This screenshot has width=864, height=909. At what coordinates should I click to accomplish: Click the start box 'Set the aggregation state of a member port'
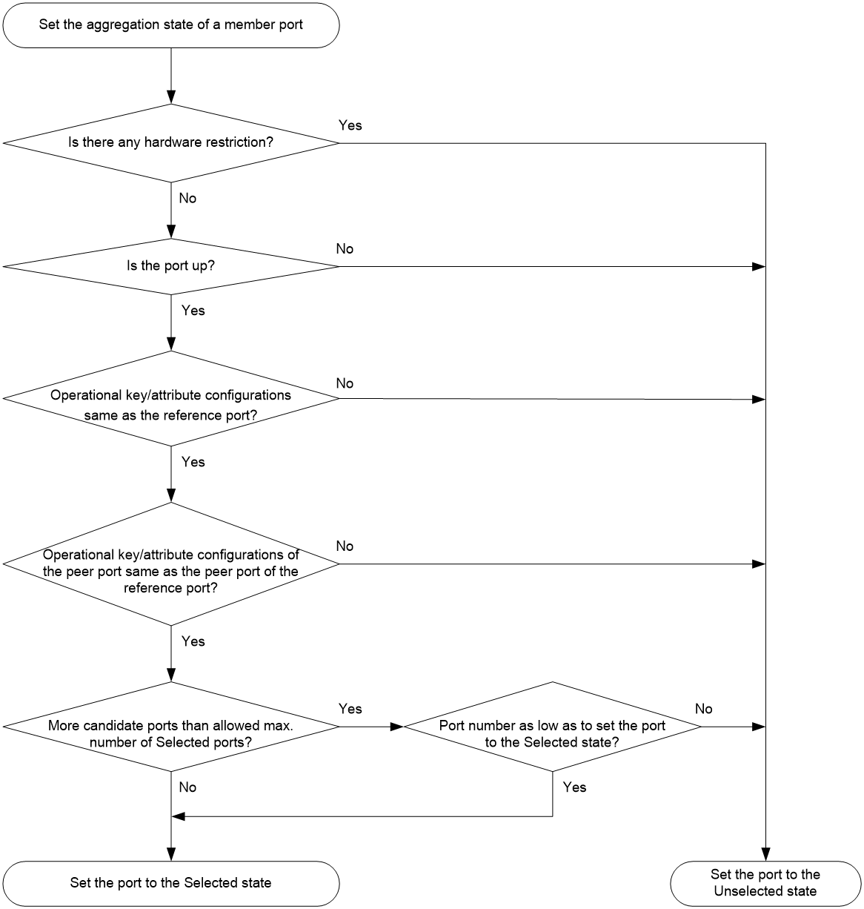click(x=171, y=25)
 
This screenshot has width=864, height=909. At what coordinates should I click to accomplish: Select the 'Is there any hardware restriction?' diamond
click(x=171, y=143)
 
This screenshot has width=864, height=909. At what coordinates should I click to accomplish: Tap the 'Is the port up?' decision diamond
click(x=171, y=266)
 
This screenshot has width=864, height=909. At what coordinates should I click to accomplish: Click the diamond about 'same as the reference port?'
click(x=171, y=399)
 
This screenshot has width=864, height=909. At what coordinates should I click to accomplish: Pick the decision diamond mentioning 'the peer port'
click(x=171, y=563)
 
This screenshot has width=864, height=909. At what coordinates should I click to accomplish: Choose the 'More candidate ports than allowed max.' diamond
click(x=171, y=727)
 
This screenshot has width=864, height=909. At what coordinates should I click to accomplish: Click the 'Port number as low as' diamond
click(x=553, y=727)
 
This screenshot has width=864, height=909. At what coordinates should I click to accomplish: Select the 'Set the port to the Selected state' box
click(x=171, y=883)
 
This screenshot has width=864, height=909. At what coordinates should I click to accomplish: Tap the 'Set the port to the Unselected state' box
click(x=765, y=883)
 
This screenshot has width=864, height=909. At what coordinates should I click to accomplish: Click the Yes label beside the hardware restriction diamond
click(x=350, y=125)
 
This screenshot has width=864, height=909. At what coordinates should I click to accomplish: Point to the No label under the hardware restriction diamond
click(x=187, y=199)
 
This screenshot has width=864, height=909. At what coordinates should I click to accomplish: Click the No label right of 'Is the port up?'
click(x=345, y=248)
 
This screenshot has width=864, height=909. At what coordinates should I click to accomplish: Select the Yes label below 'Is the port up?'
click(x=193, y=310)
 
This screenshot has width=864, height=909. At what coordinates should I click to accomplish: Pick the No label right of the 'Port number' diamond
click(x=704, y=709)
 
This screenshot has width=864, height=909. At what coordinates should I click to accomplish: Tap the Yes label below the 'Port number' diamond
click(x=574, y=787)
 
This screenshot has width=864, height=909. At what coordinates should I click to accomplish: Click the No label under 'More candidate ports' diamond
click(x=187, y=787)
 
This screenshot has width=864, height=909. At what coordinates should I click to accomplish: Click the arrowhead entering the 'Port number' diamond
click(x=397, y=727)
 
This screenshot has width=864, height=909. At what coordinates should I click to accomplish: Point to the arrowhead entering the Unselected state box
click(x=765, y=854)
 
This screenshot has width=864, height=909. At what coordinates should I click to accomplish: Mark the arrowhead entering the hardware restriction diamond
click(x=171, y=97)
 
